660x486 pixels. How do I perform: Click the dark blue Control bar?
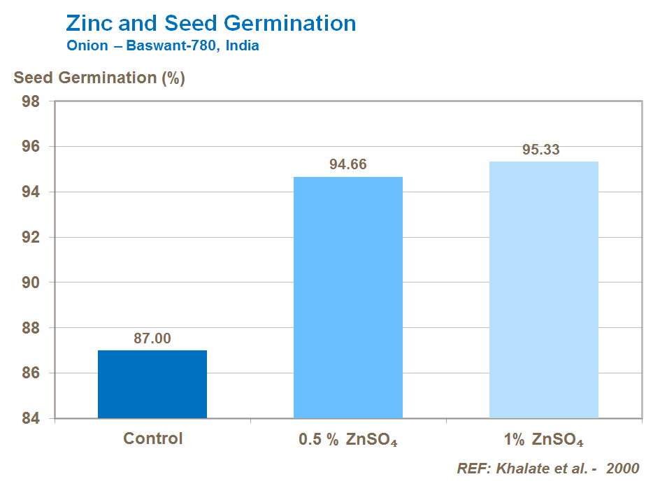pos(152,384)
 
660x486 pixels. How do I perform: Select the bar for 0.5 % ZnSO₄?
pos(348,297)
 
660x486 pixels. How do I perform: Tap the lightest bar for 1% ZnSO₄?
pos(543,290)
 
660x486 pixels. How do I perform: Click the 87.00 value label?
pos(152,338)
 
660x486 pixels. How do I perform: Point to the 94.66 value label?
pos(348,165)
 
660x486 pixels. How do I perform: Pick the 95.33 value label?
pos(541,150)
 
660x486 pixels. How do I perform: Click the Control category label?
pos(152,439)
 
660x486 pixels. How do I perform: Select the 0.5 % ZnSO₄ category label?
pos(347,441)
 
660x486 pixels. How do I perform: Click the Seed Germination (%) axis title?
pos(99,78)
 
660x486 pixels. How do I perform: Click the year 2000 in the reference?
pos(622,469)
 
